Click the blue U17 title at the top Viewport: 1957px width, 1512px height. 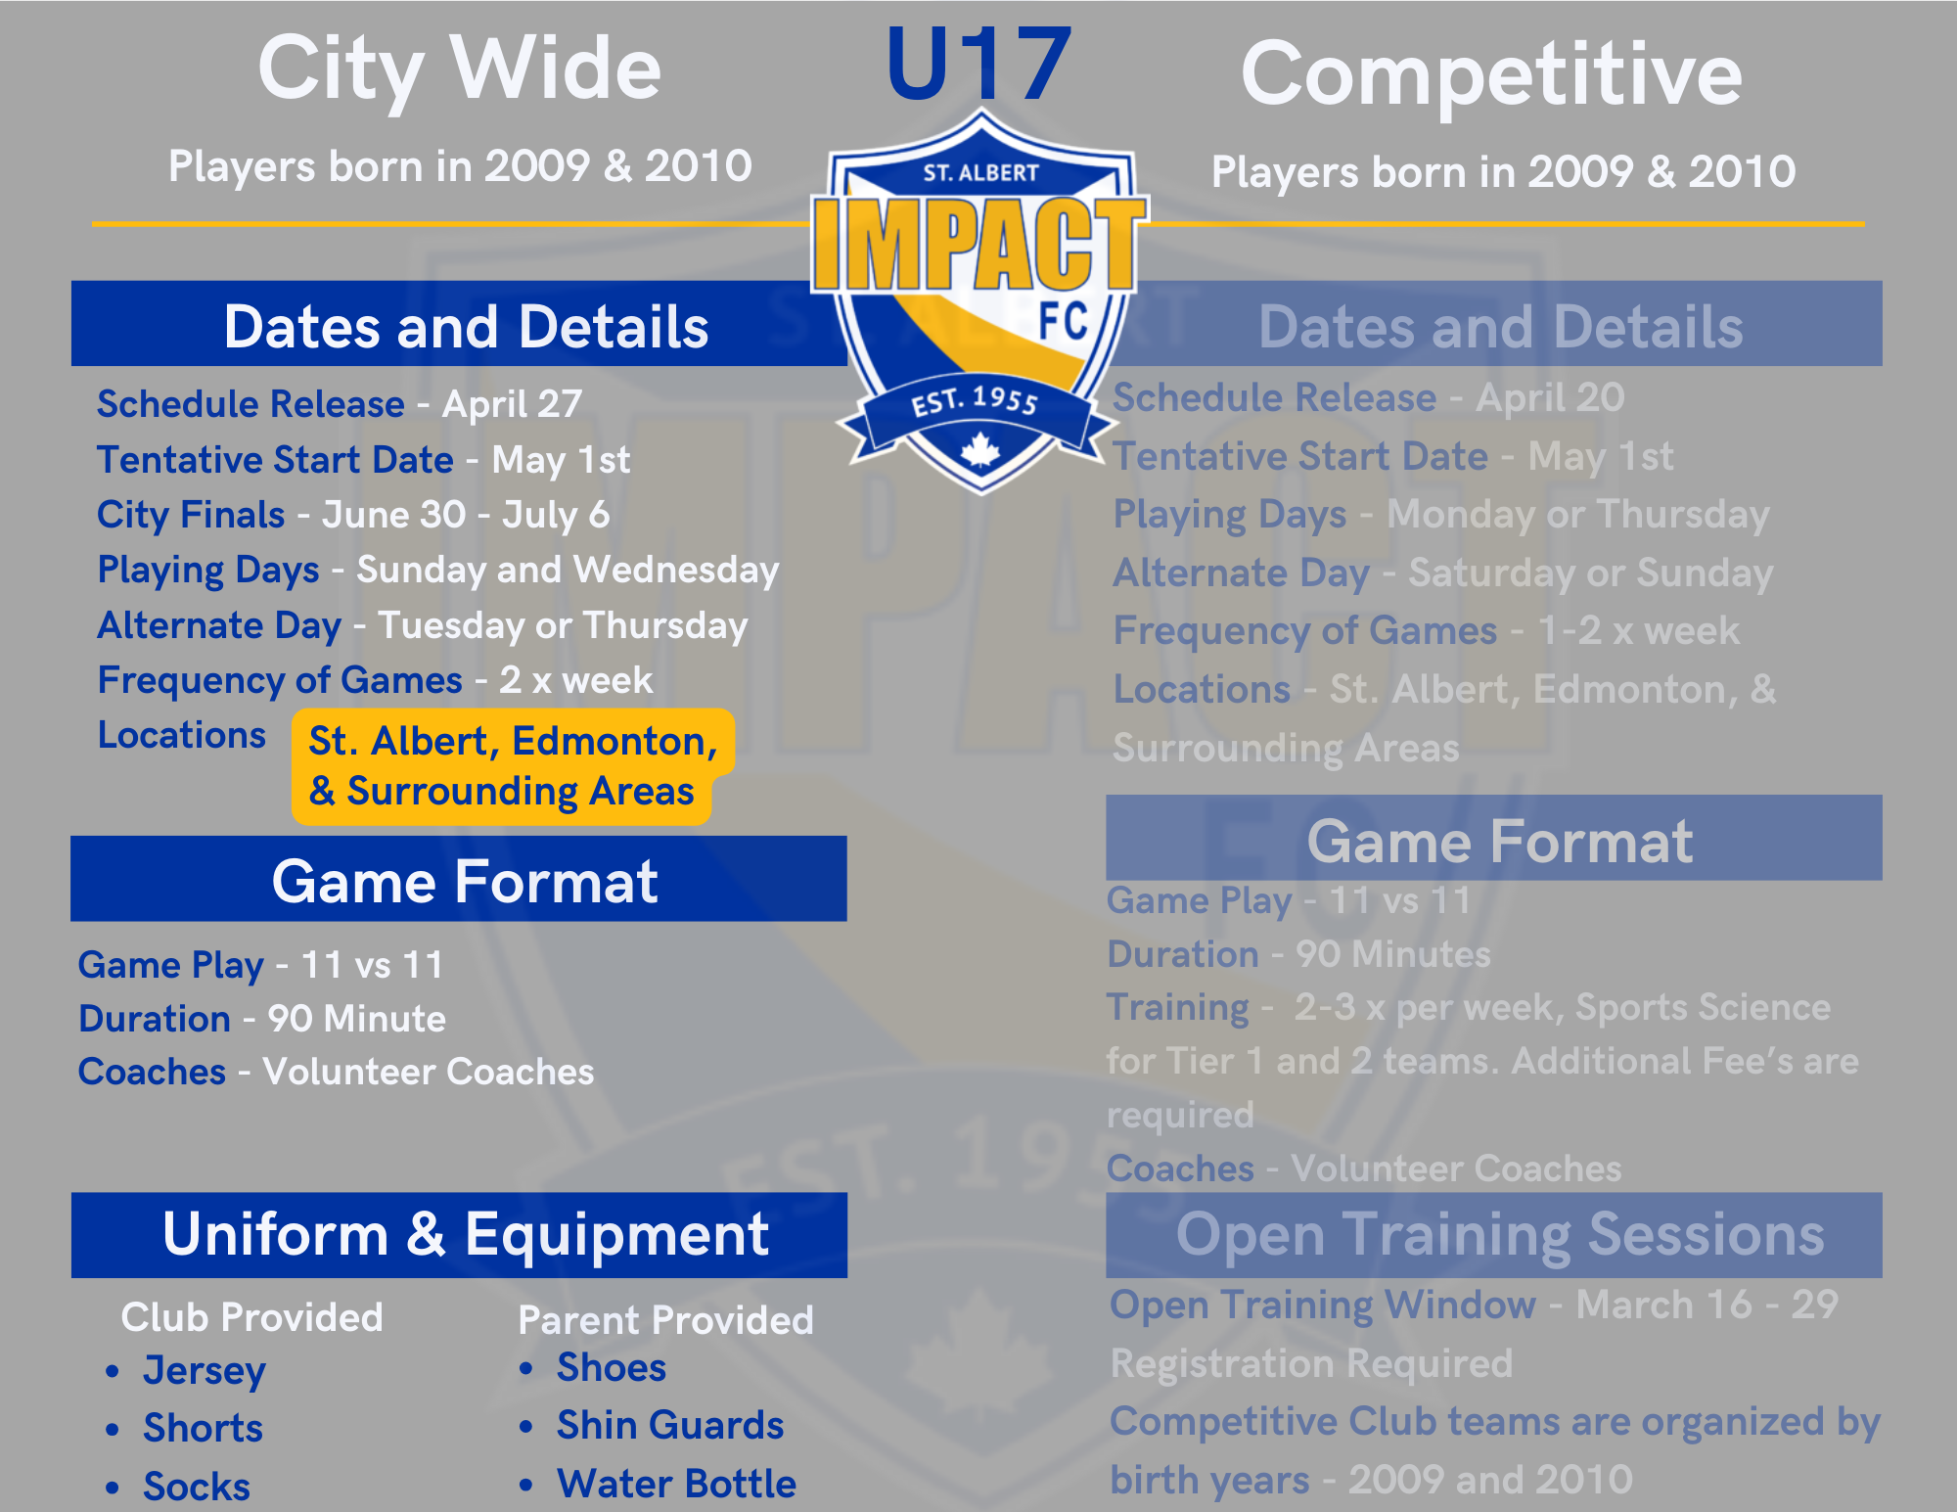pyautogui.click(x=978, y=65)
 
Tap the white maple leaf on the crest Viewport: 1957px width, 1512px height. pyautogui.click(x=980, y=451)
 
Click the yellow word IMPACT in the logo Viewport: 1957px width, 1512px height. pyautogui.click(x=978, y=243)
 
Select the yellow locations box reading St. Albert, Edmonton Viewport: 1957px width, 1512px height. pyautogui.click(x=513, y=766)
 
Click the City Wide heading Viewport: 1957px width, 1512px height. pyautogui.click(x=459, y=69)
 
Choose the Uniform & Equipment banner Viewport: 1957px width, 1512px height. pyautogui.click(x=459, y=1235)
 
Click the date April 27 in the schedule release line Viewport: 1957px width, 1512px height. pyautogui.click(x=512, y=404)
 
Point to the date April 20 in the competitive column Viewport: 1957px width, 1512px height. pyautogui.click(x=1550, y=398)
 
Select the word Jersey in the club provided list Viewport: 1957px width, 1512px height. pyautogui.click(x=205, y=1371)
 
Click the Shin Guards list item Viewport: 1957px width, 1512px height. pyautogui.click(x=670, y=1426)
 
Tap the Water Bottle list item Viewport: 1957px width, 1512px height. pyautogui.click(x=677, y=1484)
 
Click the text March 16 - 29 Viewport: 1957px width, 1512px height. pyautogui.click(x=1707, y=1305)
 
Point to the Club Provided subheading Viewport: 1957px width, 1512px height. pyautogui.click(x=251, y=1317)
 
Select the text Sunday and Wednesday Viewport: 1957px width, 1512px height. pyautogui.click(x=568, y=570)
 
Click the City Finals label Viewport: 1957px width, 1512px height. pyautogui.click(x=191, y=515)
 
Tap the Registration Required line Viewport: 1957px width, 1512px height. pyautogui.click(x=1312, y=1363)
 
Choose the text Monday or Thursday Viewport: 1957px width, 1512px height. pyautogui.click(x=1578, y=515)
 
